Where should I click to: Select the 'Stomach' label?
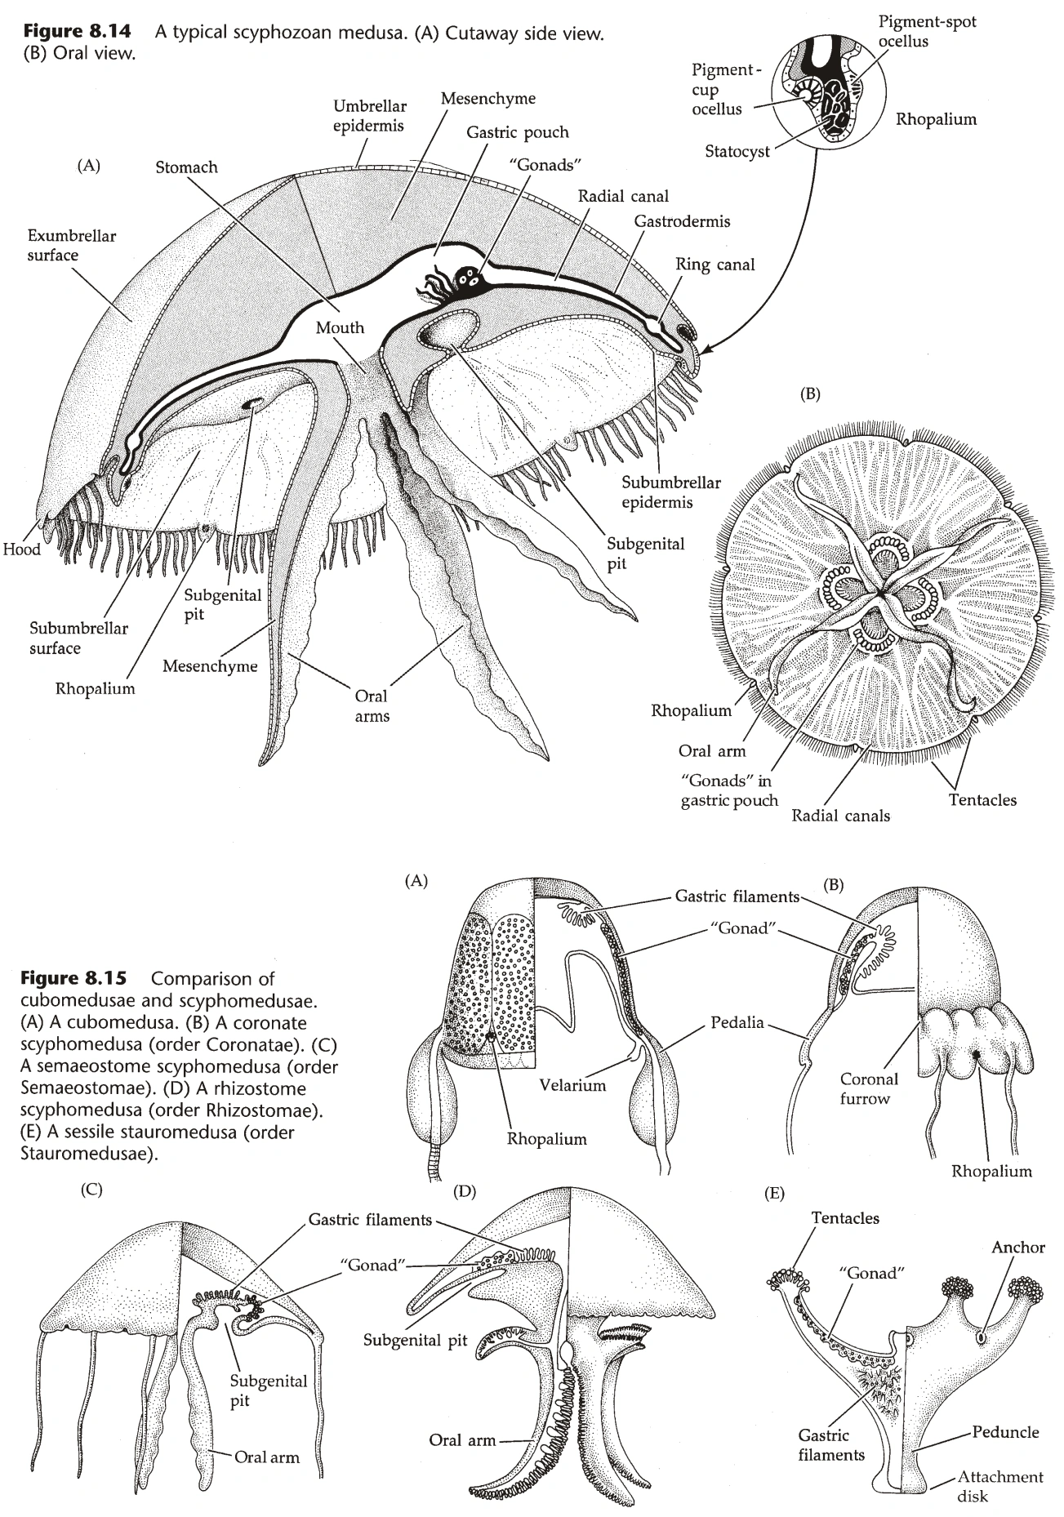coord(186,167)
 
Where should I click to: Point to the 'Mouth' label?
coord(340,327)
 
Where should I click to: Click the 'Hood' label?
coord(21,549)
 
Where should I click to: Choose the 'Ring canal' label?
coord(715,264)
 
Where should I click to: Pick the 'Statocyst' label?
coord(737,151)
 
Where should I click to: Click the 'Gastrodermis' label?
coord(682,221)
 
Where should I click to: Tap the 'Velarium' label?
coord(572,1085)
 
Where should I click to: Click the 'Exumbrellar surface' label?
coord(71,246)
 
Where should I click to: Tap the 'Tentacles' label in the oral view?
coord(982,800)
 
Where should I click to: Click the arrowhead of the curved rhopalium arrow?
coord(706,352)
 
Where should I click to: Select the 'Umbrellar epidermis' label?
coord(369,116)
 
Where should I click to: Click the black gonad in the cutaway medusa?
coord(471,278)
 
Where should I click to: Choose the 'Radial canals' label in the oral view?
coord(840,815)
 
